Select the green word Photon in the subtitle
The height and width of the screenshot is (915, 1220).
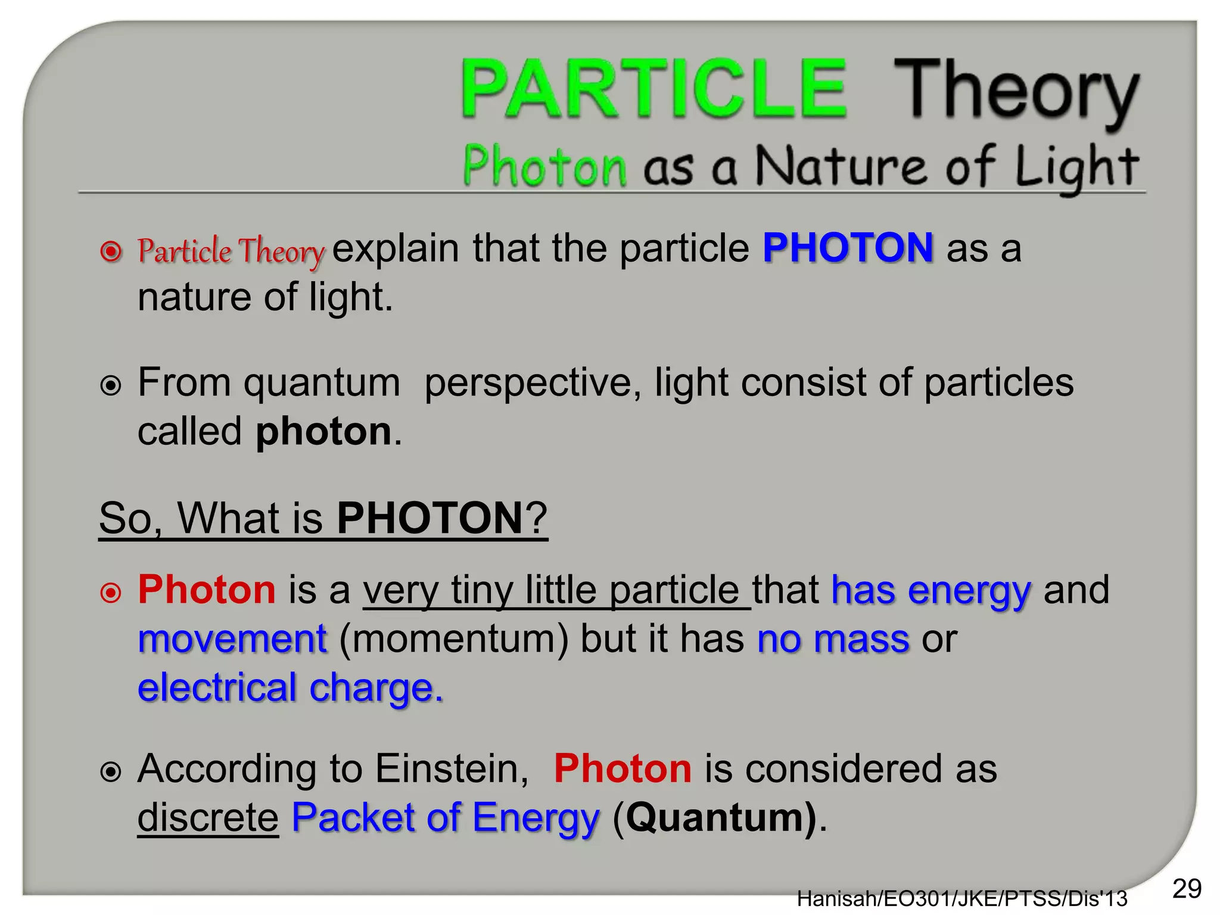click(544, 166)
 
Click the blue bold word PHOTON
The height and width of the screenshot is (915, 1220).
click(848, 248)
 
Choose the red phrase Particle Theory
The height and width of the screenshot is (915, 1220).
click(231, 251)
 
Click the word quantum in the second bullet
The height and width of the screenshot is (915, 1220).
click(322, 382)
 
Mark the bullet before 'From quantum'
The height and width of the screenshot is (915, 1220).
click(111, 385)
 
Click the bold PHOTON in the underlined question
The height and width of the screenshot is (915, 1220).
click(430, 518)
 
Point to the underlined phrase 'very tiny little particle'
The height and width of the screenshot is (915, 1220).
click(556, 590)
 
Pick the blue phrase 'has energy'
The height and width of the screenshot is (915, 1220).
click(930, 590)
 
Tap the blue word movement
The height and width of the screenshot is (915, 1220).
click(232, 639)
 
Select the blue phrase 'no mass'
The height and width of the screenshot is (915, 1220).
click(833, 639)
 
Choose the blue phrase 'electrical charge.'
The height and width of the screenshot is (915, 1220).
click(291, 688)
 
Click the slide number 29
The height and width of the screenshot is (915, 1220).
click(1187, 889)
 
